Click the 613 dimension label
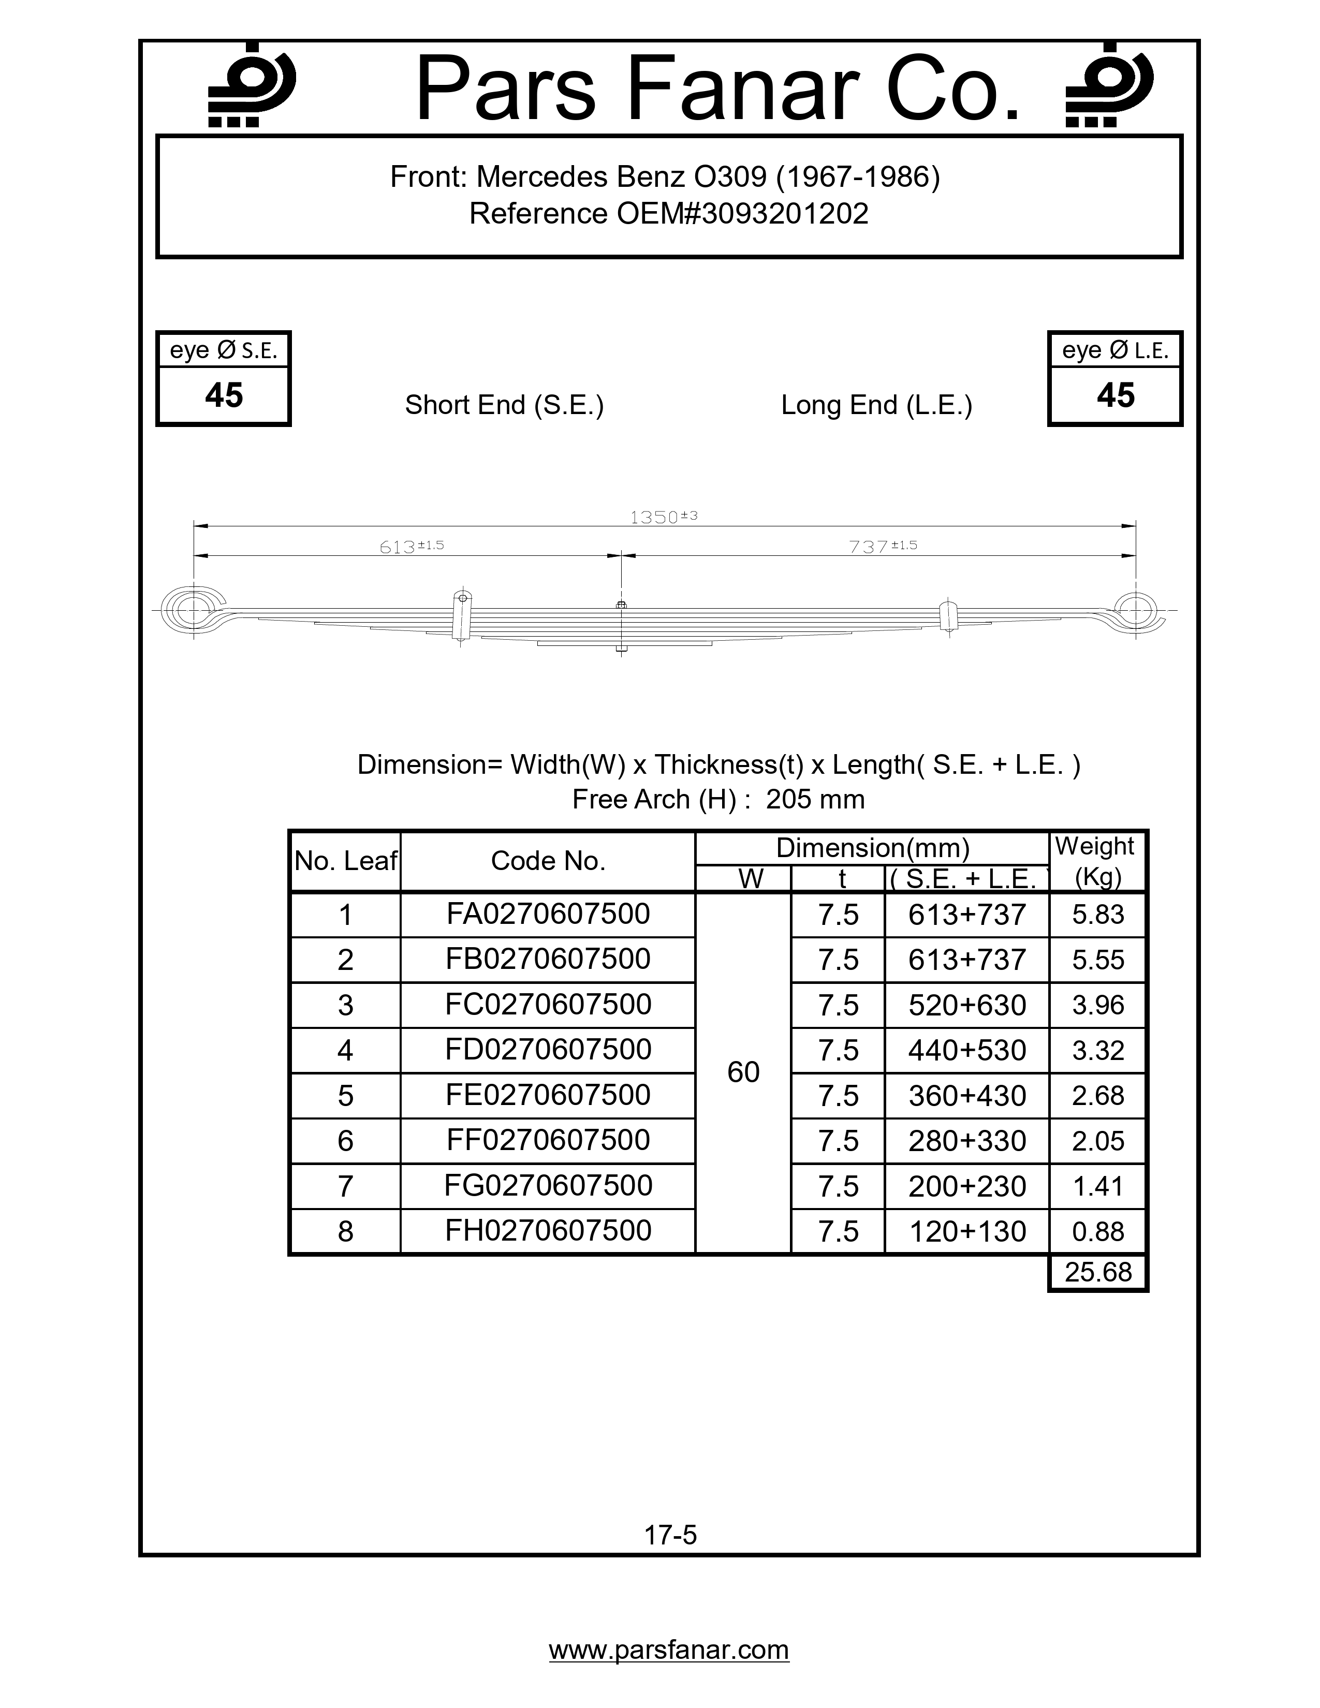410,547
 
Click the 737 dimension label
882,547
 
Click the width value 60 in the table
743,1072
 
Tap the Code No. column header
548,861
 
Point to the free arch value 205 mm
815,799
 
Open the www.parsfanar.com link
669,1650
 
